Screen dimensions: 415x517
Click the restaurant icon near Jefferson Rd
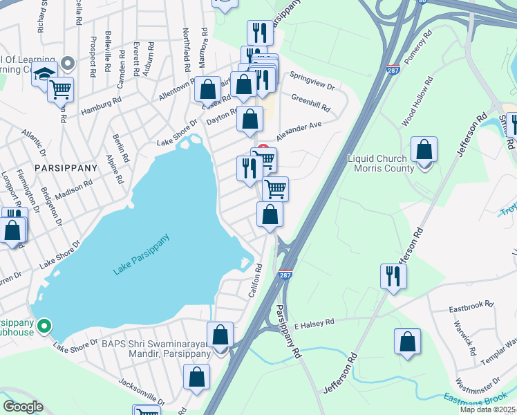tap(393, 276)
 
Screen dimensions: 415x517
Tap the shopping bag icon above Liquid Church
tap(424, 149)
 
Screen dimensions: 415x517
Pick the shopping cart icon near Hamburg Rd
tap(61, 89)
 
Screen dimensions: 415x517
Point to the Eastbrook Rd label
tap(471, 304)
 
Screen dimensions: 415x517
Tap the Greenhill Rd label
tap(310, 104)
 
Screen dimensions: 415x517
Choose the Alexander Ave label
tap(299, 130)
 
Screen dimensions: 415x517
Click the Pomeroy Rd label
tap(419, 47)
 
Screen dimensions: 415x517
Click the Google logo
tap(23, 407)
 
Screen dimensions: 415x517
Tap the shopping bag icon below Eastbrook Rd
tap(407, 342)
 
